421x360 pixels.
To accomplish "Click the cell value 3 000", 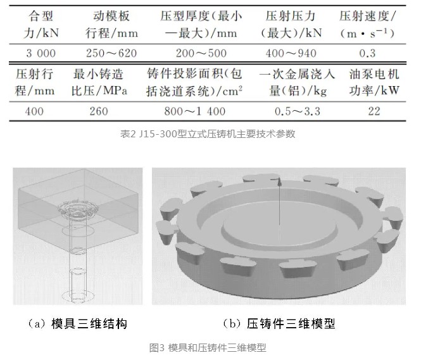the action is pos(41,53).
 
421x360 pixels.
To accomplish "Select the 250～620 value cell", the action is pos(111,53).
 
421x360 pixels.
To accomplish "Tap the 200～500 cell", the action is pos(201,53).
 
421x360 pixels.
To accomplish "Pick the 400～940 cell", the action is pos(291,53).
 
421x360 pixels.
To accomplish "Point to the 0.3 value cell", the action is pos(367,53).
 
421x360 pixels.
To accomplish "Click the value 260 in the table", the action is pos(99,111).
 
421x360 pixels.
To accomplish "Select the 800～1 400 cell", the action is pos(195,111).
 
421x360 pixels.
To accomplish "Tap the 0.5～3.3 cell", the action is pos(298,111).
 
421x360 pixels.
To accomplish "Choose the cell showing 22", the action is pos(374,111).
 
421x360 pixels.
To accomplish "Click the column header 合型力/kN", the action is pos(41,25).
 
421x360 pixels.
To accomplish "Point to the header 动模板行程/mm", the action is pos(111,25).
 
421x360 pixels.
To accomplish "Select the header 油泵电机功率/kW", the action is pos(374,82).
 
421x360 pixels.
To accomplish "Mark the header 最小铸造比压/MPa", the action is pos(99,82).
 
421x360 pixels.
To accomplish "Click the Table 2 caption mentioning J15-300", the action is pos(208,133).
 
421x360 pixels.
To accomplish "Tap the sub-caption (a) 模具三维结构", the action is pos(77,324).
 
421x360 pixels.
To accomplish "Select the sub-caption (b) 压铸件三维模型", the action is pos(279,324).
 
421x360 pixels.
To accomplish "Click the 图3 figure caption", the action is pos(208,347).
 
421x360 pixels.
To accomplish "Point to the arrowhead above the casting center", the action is pos(279,183).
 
